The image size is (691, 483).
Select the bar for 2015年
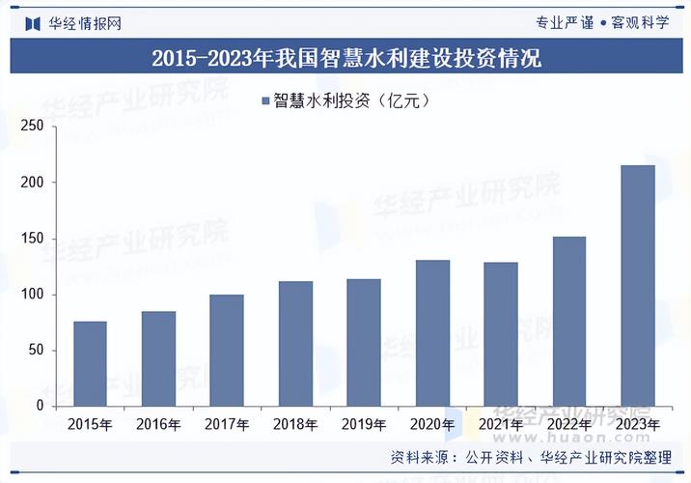(x=90, y=363)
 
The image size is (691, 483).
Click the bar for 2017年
(x=227, y=350)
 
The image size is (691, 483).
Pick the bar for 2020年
(x=432, y=332)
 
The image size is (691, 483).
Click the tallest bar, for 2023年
(x=638, y=285)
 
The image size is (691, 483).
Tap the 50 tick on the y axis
(x=36, y=351)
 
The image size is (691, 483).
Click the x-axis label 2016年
(x=158, y=424)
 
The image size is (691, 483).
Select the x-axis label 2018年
(x=295, y=424)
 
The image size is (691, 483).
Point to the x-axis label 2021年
(x=501, y=424)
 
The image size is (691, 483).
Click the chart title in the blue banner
(x=345, y=58)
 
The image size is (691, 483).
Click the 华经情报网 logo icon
(x=32, y=22)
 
